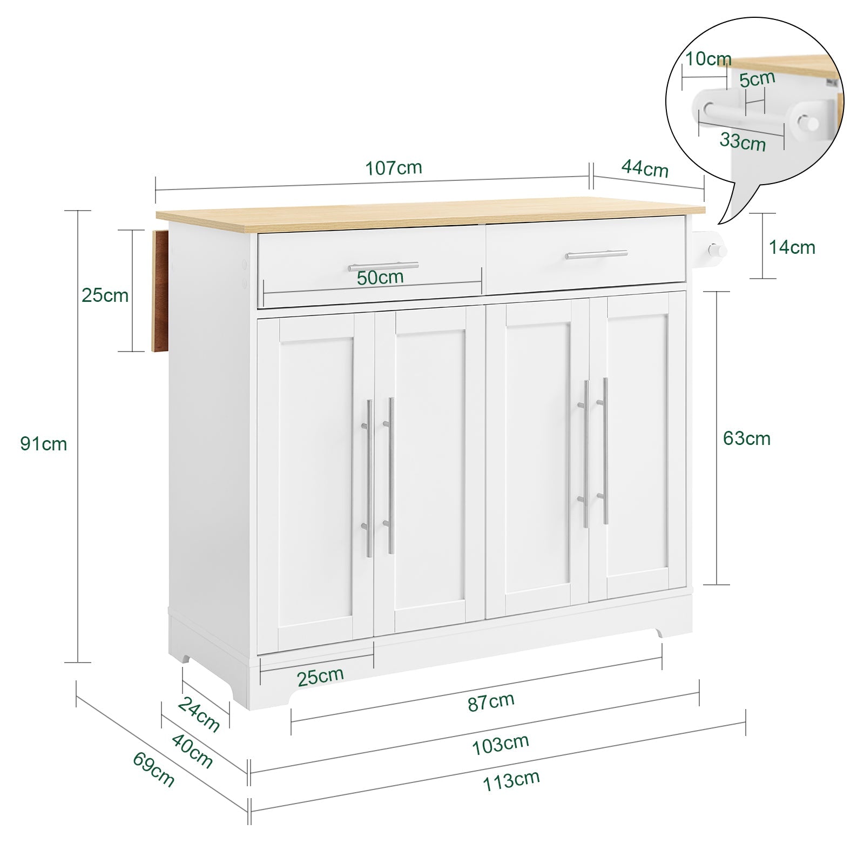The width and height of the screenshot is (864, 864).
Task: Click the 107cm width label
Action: [394, 168]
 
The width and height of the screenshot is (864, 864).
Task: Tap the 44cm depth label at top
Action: [645, 169]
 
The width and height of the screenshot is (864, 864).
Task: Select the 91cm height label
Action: [44, 444]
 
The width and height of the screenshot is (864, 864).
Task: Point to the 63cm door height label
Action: [746, 438]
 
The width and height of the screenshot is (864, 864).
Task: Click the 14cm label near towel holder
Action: [792, 247]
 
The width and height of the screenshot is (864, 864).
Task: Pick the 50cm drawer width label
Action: [380, 278]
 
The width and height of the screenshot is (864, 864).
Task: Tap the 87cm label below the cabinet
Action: [491, 701]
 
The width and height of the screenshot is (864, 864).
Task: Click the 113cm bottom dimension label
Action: [511, 780]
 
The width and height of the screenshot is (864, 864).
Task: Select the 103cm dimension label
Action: [500, 745]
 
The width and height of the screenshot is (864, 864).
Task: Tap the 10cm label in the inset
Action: [708, 59]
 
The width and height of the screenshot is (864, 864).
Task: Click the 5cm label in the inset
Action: [757, 79]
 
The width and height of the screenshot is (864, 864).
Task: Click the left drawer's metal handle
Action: [383, 266]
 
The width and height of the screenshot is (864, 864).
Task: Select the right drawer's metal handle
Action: [596, 254]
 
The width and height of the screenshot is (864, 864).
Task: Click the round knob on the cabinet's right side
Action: [717, 251]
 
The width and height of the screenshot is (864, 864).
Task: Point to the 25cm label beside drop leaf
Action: [105, 295]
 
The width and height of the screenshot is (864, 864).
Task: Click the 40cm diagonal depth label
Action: [192, 751]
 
